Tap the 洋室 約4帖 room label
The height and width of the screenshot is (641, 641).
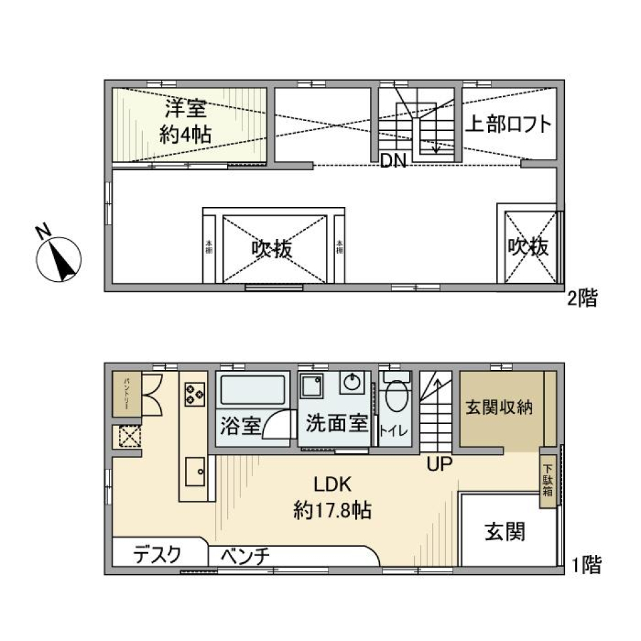[x=184, y=121]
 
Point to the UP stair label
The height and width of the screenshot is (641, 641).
[x=441, y=463]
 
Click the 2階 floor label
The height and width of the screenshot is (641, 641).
[x=582, y=298]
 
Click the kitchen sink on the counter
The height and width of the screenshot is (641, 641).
[x=196, y=473]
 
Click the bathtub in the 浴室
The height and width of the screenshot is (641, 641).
[x=251, y=390]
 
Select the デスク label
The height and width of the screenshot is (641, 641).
[x=157, y=554]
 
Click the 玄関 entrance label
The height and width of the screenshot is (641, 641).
[x=505, y=532]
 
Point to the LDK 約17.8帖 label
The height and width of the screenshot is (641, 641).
[x=333, y=499]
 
